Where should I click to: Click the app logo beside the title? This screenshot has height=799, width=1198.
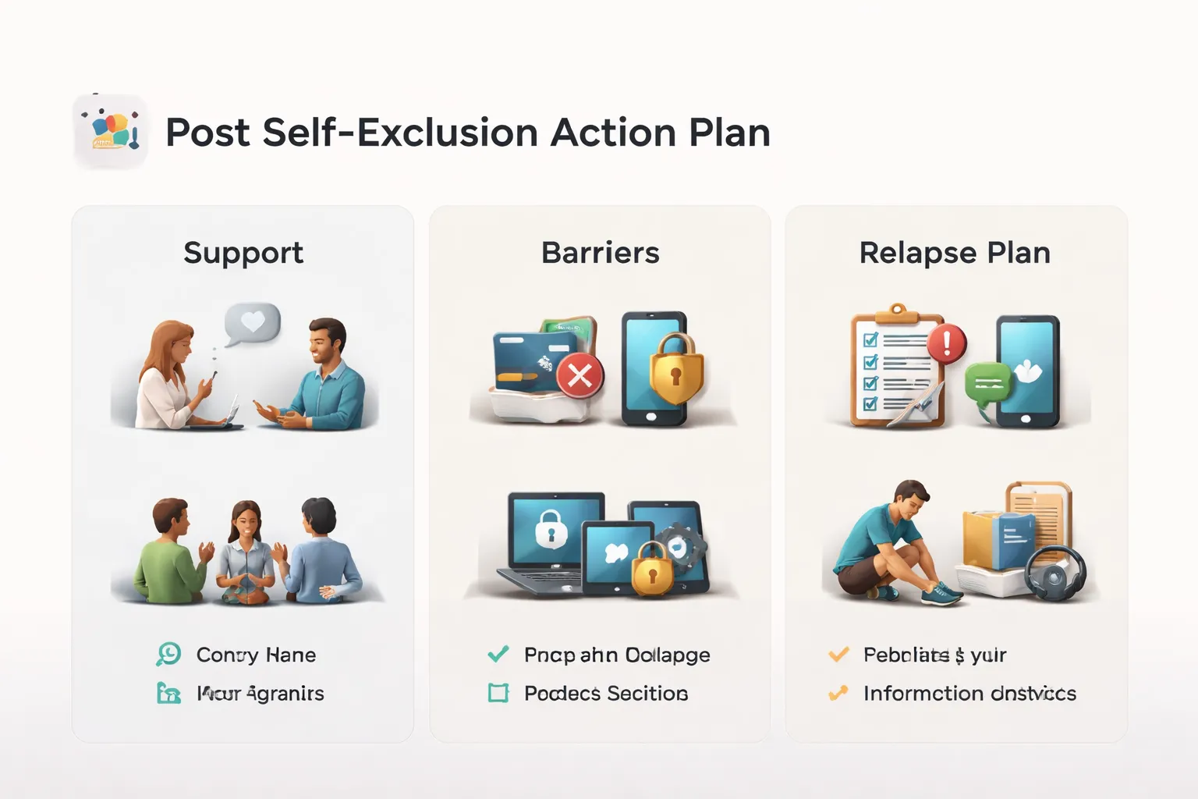tap(111, 131)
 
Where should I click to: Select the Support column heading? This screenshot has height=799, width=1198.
tap(243, 253)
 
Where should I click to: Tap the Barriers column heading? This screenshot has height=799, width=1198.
tap(600, 253)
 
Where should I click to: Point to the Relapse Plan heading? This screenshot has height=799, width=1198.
tap(955, 253)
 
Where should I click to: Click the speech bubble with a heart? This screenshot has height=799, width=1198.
tap(252, 322)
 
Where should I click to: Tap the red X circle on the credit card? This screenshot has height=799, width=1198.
tap(580, 375)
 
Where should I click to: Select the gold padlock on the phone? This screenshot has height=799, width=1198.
tap(675, 368)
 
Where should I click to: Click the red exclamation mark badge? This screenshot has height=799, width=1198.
tap(947, 342)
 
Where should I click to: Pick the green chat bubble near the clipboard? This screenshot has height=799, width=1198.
tap(987, 382)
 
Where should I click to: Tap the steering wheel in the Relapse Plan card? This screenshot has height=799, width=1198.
tap(1054, 575)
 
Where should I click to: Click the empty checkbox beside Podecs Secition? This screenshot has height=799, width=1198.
tap(498, 693)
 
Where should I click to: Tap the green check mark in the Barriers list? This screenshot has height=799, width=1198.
tap(498, 654)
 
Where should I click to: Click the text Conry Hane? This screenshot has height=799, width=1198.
tap(256, 655)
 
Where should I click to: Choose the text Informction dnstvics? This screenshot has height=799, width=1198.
tap(969, 693)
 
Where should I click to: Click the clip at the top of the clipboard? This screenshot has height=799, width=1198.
tap(898, 312)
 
